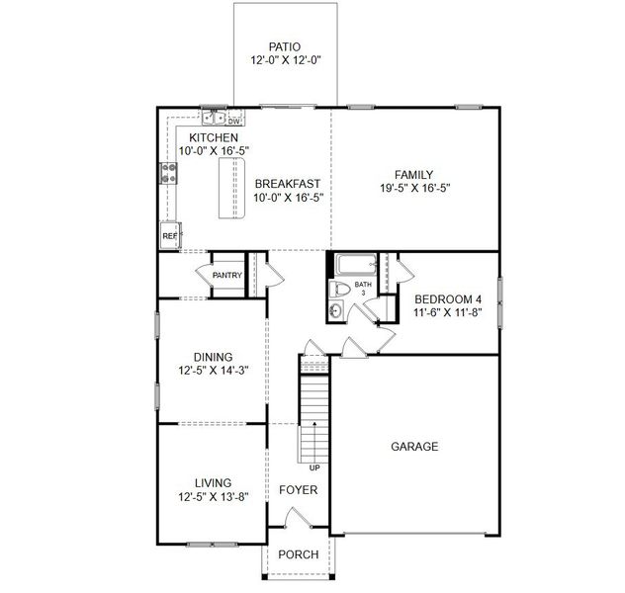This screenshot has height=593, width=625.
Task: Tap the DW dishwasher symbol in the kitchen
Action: pos(234,121)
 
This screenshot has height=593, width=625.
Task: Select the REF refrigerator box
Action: pos(169,236)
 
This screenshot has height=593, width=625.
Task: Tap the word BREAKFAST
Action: pos(287,184)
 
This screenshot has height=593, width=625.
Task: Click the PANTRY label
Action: pos(226,276)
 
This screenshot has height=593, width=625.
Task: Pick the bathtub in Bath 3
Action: pos(353,266)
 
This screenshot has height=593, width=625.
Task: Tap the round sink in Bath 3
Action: pos(336,310)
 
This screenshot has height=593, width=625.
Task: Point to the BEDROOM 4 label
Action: pos(448,299)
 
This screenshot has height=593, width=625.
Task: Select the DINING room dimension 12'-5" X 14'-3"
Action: pos(213,372)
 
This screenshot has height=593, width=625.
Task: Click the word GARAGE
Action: pos(413,447)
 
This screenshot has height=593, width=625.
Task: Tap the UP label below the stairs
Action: pos(314,467)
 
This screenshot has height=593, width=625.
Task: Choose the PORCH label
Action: pos(299,554)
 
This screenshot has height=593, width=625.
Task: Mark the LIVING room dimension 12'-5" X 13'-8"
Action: pos(213,497)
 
